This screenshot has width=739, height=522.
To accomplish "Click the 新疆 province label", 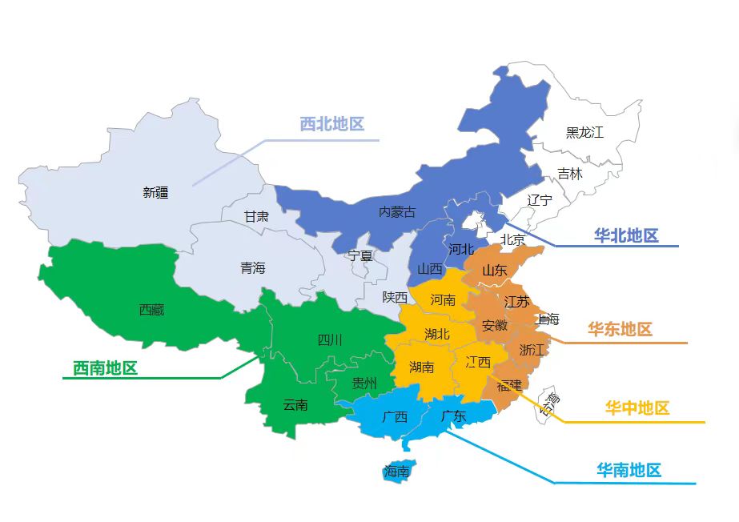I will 155,192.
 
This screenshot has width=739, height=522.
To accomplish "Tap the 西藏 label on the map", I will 151,310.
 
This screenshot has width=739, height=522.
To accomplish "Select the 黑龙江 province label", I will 584,132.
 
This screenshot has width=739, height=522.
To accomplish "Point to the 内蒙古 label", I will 397,212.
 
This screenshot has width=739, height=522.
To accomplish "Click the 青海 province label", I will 252,268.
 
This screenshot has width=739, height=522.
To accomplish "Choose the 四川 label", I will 330,340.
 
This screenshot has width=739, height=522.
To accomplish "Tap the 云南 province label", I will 295,405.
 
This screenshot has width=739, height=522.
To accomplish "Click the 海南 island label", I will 396,472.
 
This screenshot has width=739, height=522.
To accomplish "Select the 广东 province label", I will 453,416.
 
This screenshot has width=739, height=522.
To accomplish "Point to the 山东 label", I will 494,271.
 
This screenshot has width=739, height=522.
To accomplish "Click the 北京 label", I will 512,239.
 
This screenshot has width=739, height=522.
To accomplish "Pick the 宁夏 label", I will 360,256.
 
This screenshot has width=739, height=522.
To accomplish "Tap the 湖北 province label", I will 437,334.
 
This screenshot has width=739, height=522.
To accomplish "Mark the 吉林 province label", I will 570,174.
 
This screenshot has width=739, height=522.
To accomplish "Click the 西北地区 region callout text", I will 331,124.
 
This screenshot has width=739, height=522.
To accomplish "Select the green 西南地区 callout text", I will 105,368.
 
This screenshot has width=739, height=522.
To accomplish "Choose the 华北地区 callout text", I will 625,235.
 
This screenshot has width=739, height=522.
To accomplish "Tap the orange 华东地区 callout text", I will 620,329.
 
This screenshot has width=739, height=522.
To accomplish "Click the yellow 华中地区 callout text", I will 637,408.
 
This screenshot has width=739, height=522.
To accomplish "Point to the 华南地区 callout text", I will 629,470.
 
